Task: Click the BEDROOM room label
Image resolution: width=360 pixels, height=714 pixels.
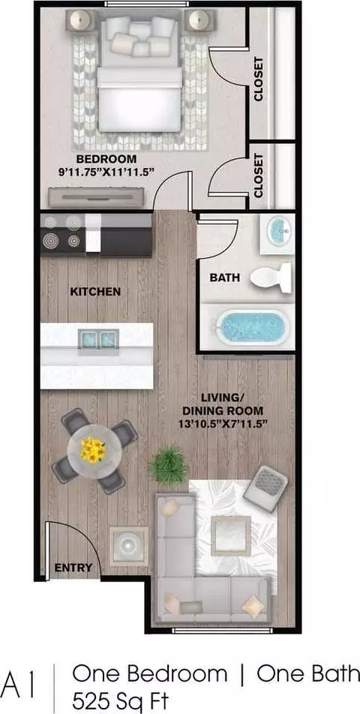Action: pos(106,159)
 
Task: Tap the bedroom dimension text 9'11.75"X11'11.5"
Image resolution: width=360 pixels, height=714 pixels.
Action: pos(106,172)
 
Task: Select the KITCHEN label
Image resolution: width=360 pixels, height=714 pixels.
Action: pos(95,292)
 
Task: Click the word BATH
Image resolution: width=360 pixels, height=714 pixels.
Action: pos(224,277)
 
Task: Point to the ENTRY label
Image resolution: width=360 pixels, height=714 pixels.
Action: pos(73,568)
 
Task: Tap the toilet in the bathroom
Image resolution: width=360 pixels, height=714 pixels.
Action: pos(271,277)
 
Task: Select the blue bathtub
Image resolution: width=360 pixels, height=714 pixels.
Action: pos(252,327)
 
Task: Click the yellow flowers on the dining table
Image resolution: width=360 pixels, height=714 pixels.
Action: pos(93,450)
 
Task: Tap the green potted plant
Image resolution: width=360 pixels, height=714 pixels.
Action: pos(169,465)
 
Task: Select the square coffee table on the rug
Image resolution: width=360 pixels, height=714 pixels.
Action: pos(231,535)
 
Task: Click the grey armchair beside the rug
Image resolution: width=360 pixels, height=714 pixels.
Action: pos(265,488)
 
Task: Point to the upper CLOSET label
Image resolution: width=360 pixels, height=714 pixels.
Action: pos(259,79)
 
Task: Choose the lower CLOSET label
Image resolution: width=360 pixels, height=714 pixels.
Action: pos(259,175)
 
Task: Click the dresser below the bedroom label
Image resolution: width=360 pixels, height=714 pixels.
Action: pos(97,198)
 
